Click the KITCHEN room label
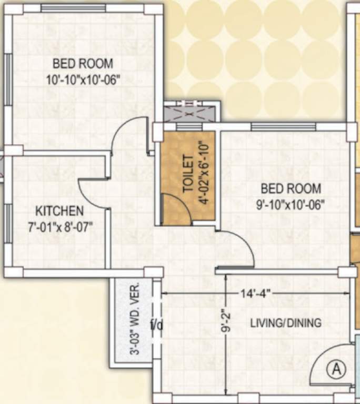(x=59, y=211)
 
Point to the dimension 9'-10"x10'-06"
(x=291, y=204)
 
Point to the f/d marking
(x=157, y=325)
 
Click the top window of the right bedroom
(x=283, y=127)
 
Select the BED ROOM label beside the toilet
(x=291, y=188)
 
